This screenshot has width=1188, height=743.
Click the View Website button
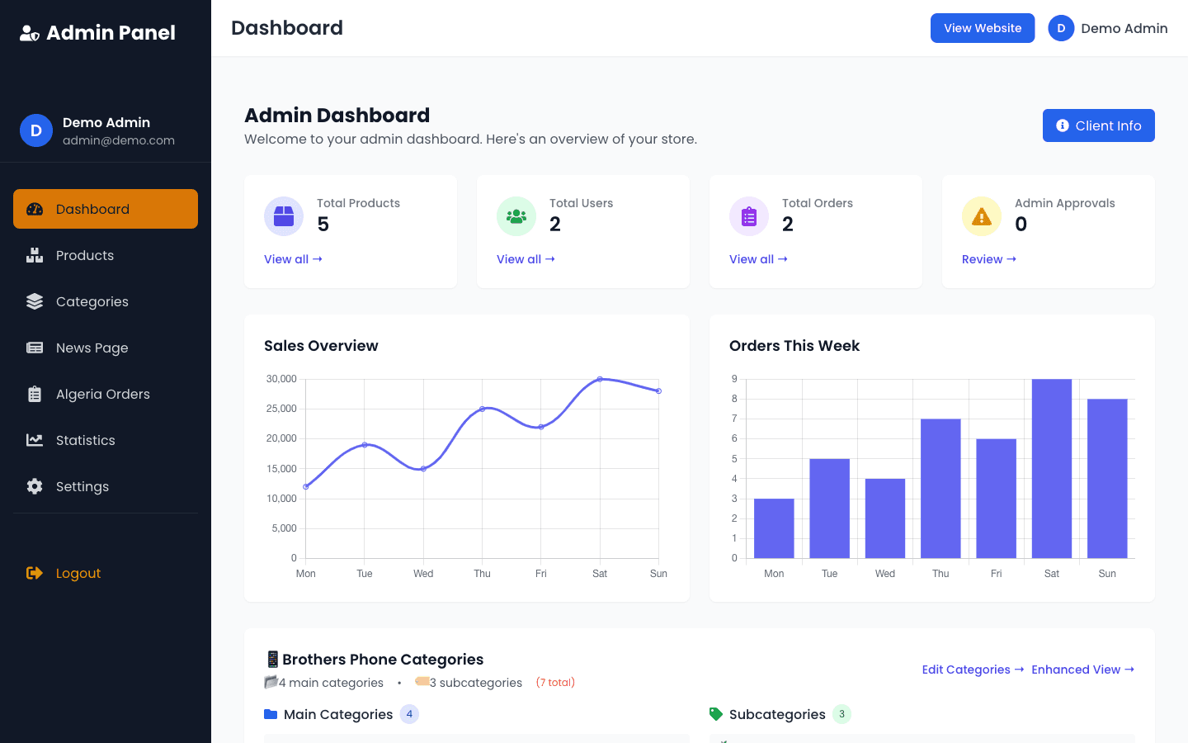pyautogui.click(x=982, y=28)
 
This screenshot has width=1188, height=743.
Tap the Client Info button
pyautogui.click(x=1098, y=125)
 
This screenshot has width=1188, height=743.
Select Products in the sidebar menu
pyautogui.click(x=84, y=256)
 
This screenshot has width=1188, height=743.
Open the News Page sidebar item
pyautogui.click(x=92, y=348)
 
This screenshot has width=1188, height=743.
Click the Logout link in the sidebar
pyautogui.click(x=78, y=574)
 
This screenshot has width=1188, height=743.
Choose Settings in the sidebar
pyautogui.click(x=82, y=487)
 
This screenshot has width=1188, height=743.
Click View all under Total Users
pyautogui.click(x=526, y=259)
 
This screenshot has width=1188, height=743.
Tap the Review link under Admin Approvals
pyautogui.click(x=988, y=259)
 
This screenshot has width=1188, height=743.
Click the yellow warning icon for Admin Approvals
pyautogui.click(x=982, y=216)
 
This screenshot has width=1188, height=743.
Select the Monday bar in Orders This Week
pyautogui.click(x=774, y=528)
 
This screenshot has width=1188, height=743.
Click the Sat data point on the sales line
pyautogui.click(x=600, y=379)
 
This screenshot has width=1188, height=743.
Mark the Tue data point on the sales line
pyautogui.click(x=365, y=445)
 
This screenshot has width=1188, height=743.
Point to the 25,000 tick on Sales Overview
pyautogui.click(x=281, y=409)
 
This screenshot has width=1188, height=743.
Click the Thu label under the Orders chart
pyautogui.click(x=940, y=574)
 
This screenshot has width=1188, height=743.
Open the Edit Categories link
pyautogui.click(x=973, y=670)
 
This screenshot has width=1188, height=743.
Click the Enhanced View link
pyautogui.click(x=1082, y=670)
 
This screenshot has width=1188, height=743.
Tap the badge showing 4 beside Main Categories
pyautogui.click(x=409, y=714)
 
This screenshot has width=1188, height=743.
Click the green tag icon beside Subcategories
pyautogui.click(x=715, y=714)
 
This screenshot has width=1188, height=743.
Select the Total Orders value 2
pyautogui.click(x=788, y=225)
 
